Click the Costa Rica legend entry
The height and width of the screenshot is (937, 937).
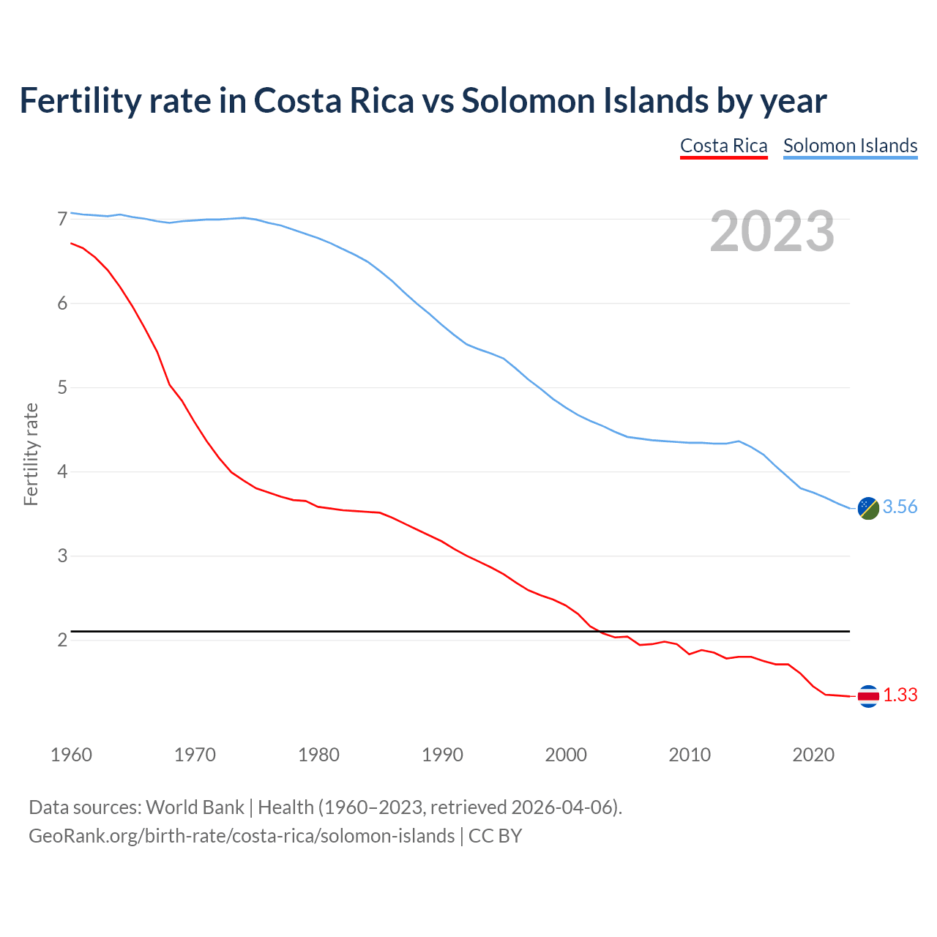tap(723, 146)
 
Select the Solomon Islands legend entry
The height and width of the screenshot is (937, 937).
tap(850, 146)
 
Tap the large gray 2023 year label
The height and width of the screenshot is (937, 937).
tap(772, 231)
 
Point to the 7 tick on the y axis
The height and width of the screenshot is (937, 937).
tap(62, 219)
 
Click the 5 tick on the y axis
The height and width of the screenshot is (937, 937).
tap(62, 387)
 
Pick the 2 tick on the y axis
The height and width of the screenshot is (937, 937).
tap(62, 640)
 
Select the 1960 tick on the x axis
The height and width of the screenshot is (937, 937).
tap(71, 755)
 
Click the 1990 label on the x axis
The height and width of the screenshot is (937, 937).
tap(442, 755)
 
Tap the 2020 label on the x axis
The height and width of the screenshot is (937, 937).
tap(813, 755)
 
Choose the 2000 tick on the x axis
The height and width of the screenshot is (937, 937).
tap(566, 755)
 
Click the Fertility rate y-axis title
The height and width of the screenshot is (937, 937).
tap(31, 454)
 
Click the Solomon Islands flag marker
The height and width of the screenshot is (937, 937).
tap(868, 508)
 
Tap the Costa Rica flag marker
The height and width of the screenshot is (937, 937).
tap(868, 696)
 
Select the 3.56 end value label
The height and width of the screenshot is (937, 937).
tap(900, 507)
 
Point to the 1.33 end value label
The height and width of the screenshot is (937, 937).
tap(900, 695)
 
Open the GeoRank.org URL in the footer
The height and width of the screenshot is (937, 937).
tap(242, 836)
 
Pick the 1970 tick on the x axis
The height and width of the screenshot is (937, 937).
tap(195, 755)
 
